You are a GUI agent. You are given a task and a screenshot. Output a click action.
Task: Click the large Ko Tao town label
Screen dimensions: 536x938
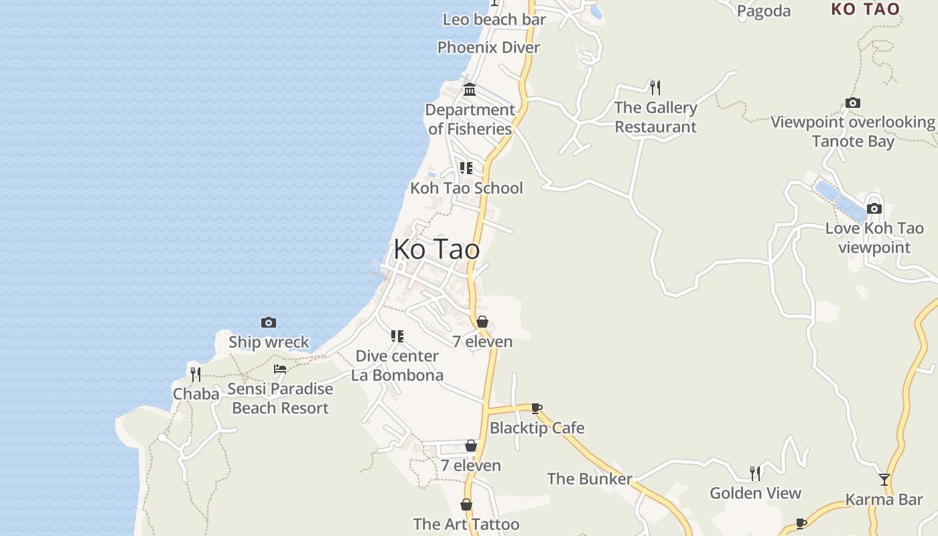click(436, 249)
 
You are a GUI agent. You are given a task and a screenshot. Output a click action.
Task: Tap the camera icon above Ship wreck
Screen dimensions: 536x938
click(269, 323)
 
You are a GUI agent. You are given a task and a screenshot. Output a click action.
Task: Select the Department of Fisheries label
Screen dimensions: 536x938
click(470, 119)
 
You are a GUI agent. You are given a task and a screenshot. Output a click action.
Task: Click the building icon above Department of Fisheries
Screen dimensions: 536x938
click(470, 89)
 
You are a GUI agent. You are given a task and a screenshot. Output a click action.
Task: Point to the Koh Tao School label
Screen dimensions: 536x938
click(466, 188)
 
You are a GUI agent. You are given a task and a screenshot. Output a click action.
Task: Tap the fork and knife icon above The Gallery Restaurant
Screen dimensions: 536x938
click(655, 87)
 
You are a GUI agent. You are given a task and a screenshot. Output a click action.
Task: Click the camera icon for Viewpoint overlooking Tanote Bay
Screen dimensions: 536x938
click(852, 103)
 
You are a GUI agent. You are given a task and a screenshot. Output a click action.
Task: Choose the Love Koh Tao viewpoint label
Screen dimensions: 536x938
click(874, 238)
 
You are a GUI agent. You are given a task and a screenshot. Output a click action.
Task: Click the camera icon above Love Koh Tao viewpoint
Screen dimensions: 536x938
click(874, 208)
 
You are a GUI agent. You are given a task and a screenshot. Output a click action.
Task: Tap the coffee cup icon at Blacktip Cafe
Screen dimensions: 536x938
click(536, 407)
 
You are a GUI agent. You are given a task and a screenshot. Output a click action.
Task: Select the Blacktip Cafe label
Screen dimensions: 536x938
click(537, 427)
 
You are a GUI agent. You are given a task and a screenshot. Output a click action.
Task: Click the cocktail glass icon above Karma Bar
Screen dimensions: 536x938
click(884, 480)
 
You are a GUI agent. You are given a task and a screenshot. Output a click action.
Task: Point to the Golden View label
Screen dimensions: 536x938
click(755, 493)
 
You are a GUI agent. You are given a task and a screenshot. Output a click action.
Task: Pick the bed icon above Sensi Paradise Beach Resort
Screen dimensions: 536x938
click(280, 369)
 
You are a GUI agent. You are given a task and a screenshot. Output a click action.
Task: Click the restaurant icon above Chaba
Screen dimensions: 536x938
click(195, 374)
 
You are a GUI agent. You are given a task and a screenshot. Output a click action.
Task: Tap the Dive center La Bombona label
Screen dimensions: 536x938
click(397, 365)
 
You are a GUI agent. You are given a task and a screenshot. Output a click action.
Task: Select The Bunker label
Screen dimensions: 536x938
click(590, 478)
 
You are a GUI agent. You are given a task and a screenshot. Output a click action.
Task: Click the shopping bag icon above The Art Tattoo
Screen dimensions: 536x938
click(466, 505)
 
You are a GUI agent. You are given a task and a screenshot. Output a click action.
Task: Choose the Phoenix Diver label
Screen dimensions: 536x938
click(488, 48)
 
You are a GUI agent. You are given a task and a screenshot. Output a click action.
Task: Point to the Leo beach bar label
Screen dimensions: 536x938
click(494, 19)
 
